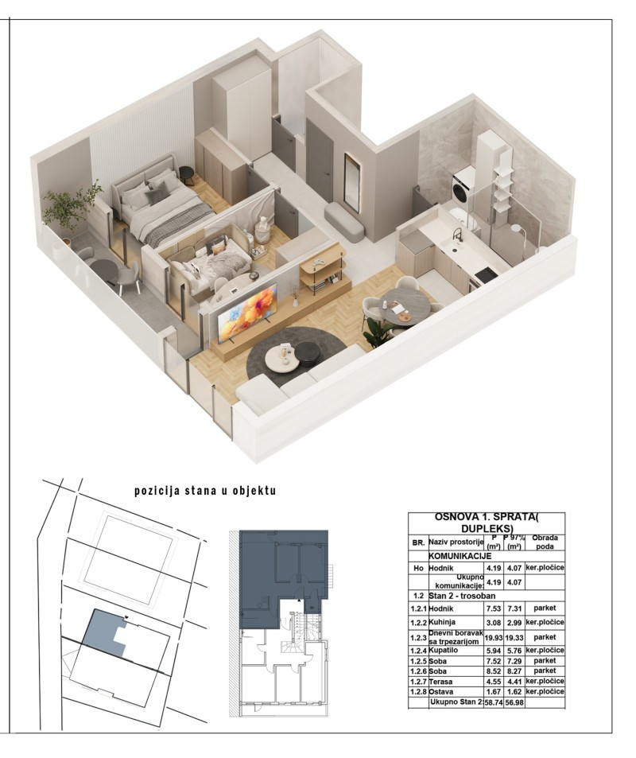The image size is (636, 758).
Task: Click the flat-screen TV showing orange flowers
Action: click(247, 313)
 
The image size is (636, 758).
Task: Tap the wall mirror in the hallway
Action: click(351, 182)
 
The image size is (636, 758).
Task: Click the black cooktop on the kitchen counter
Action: click(485, 276)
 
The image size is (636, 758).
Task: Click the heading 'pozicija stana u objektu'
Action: click(205, 491)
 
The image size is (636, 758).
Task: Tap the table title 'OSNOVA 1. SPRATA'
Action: click(487, 517)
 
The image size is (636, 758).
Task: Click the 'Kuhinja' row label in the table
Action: click(442, 622)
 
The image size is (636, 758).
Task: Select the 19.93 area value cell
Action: click(494, 638)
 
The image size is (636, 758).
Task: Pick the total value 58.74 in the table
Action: click(494, 702)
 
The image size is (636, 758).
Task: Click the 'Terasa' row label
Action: click(440, 682)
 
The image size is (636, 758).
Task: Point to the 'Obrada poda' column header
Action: click(545, 542)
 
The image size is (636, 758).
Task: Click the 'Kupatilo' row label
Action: click(443, 651)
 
